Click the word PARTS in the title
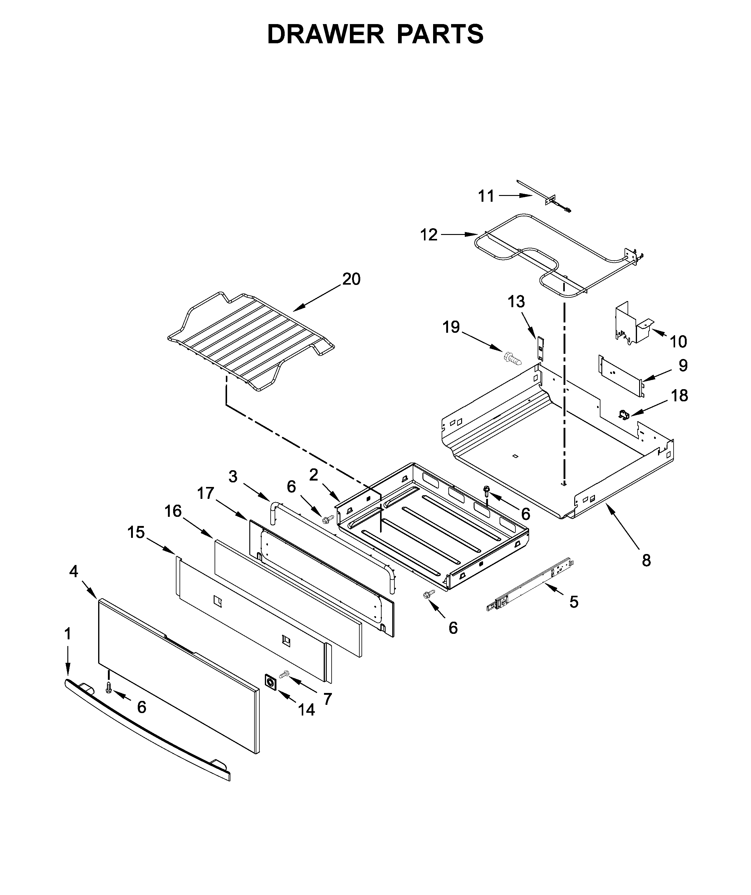click(440, 34)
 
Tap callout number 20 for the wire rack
click(351, 279)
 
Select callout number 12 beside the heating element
click(429, 235)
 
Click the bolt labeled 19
click(512, 358)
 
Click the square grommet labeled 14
click(271, 682)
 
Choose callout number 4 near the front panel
click(73, 571)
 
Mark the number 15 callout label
click(136, 532)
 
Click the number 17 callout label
click(205, 494)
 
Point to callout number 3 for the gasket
click(233, 477)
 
